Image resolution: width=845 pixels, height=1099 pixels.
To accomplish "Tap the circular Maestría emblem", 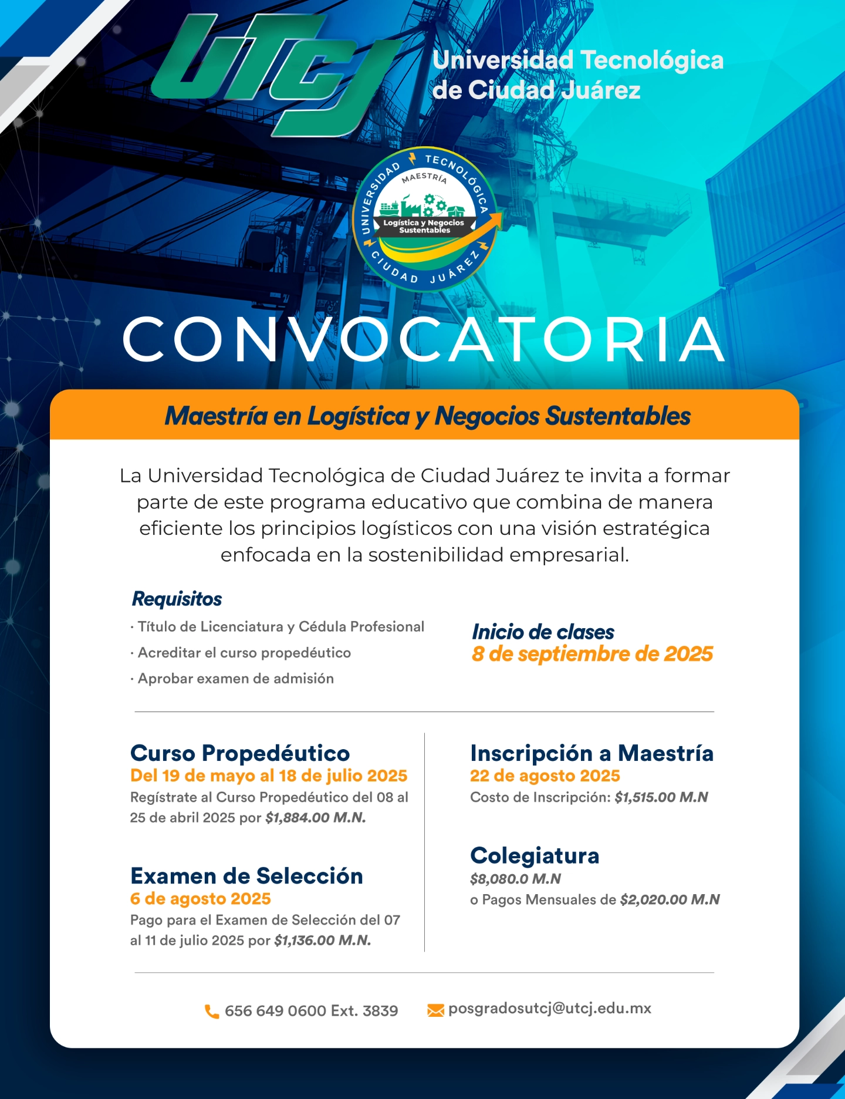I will click(x=425, y=219).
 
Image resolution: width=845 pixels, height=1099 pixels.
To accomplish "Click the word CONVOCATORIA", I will click(x=424, y=340).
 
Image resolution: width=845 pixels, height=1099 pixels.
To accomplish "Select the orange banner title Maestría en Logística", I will click(x=427, y=416).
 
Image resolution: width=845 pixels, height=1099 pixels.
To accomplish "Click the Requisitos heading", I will click(x=177, y=599).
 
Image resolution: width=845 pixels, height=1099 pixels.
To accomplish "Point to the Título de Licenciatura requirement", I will click(x=280, y=627).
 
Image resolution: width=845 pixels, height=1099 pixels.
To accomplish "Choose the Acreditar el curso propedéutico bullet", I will click(x=244, y=653).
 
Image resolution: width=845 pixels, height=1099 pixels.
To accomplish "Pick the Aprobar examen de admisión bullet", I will click(x=235, y=679).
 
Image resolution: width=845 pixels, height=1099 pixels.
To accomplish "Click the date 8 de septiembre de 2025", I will click(x=592, y=654).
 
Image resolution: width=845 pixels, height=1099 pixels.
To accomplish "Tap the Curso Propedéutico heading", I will click(x=240, y=753).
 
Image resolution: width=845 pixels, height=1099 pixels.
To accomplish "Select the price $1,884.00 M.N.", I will click(x=316, y=818).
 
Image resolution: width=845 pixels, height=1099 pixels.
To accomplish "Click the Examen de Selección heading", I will click(x=246, y=876).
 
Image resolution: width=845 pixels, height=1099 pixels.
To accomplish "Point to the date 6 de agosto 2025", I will click(x=201, y=899).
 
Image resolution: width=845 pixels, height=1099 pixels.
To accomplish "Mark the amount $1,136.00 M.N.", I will click(x=323, y=940).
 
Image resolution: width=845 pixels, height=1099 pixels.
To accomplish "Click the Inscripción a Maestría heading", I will click(x=591, y=753).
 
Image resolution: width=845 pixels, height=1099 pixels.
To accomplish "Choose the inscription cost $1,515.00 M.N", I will click(x=661, y=797).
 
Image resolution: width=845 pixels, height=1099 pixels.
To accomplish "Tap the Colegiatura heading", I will click(x=535, y=856).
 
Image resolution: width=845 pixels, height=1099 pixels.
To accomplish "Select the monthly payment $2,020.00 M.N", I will click(x=670, y=900).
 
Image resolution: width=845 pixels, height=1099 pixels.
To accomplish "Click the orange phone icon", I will click(x=211, y=1011).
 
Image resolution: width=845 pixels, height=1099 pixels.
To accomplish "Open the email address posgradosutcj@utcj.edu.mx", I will click(x=550, y=1009).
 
